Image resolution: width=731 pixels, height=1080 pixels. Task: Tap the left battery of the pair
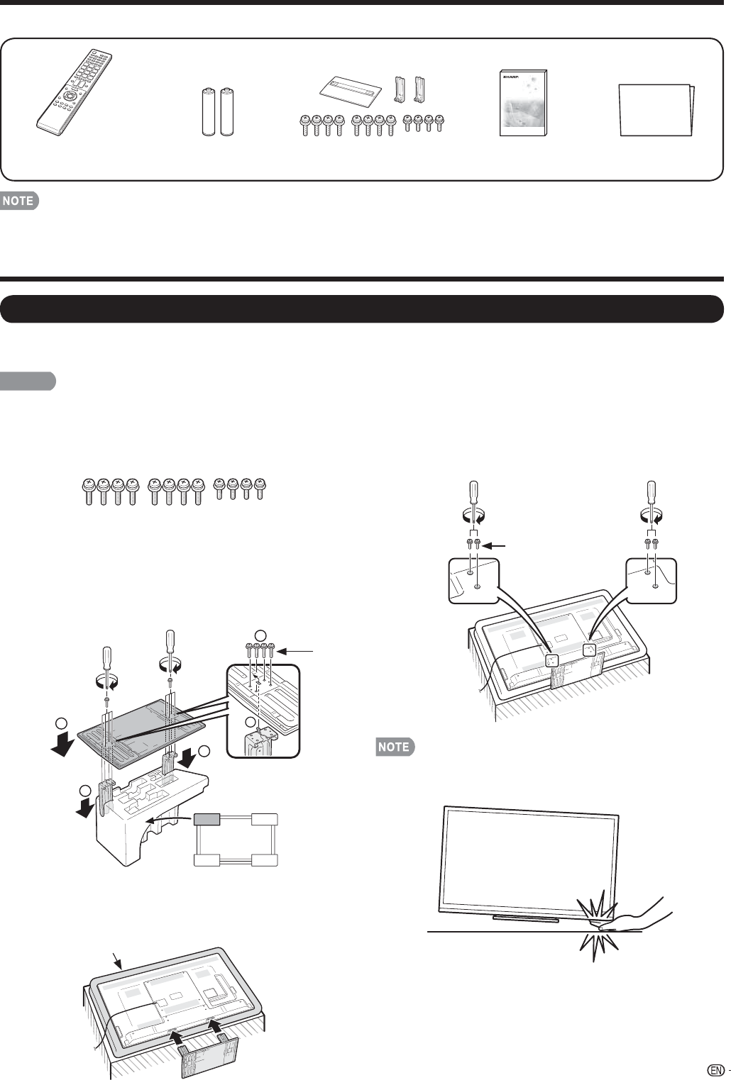pos(210,111)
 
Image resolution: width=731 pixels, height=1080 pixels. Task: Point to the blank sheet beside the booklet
pos(657,110)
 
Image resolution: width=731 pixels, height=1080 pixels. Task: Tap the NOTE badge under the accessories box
pos(18,201)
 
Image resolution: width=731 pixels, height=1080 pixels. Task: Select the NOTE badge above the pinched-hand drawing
pos(394,747)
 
